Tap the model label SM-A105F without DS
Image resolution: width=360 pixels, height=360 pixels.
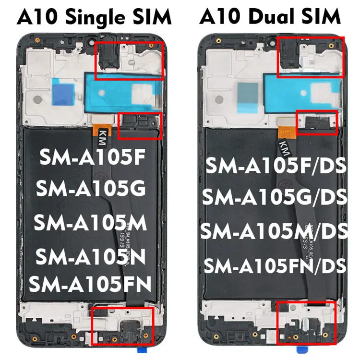[x=92, y=158]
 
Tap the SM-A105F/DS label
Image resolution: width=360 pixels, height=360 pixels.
[x=276, y=167]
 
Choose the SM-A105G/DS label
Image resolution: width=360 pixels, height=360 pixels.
[x=274, y=197]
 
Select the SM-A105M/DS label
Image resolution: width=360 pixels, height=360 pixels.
[x=274, y=231]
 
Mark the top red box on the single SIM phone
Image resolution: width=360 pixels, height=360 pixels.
[x=130, y=60]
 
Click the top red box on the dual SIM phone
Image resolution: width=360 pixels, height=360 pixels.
[x=312, y=57]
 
